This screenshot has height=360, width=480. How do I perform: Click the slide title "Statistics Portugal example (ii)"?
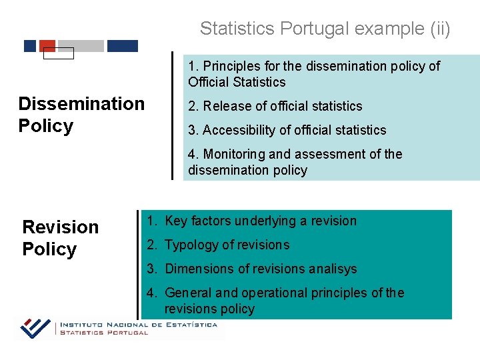pyautogui.click(x=325, y=29)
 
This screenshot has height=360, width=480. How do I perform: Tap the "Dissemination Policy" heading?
pyautogui.click(x=81, y=115)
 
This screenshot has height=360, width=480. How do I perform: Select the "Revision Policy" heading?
pyautogui.click(x=60, y=238)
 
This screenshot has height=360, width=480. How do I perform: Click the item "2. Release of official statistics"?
pyautogui.click(x=275, y=106)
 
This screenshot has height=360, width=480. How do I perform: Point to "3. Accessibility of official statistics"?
pyautogui.click(x=287, y=130)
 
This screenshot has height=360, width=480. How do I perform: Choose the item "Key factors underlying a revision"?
pyautogui.click(x=261, y=221)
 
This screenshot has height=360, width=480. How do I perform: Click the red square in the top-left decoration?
pyautogui.click(x=47, y=45)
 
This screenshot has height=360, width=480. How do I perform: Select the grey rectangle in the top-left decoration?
pyautogui.click(x=81, y=46)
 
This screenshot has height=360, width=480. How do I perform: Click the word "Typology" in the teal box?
pyautogui.click(x=191, y=245)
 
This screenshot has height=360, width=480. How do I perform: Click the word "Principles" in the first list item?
pyautogui.click(x=231, y=66)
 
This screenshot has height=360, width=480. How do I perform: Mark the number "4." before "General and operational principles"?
pyautogui.click(x=153, y=293)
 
